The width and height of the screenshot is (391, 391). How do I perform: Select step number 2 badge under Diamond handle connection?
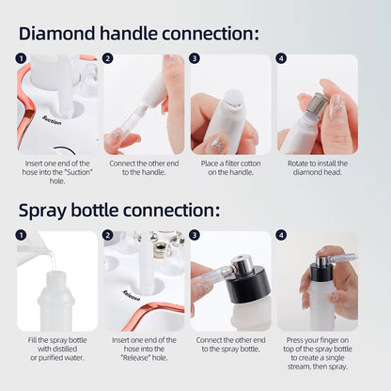point(108,58)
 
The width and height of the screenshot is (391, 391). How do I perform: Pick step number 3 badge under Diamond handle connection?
point(195,58)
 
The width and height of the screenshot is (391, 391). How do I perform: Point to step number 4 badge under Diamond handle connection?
point(281,58)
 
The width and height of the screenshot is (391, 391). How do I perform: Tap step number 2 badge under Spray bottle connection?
point(108,235)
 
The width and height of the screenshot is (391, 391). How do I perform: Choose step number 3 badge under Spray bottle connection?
point(195,235)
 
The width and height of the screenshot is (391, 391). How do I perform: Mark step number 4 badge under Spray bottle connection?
point(281,235)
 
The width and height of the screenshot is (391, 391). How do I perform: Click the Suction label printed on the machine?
point(52,120)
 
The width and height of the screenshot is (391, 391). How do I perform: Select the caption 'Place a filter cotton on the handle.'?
point(230,168)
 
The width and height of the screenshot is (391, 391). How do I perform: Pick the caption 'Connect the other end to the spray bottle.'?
point(230,345)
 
